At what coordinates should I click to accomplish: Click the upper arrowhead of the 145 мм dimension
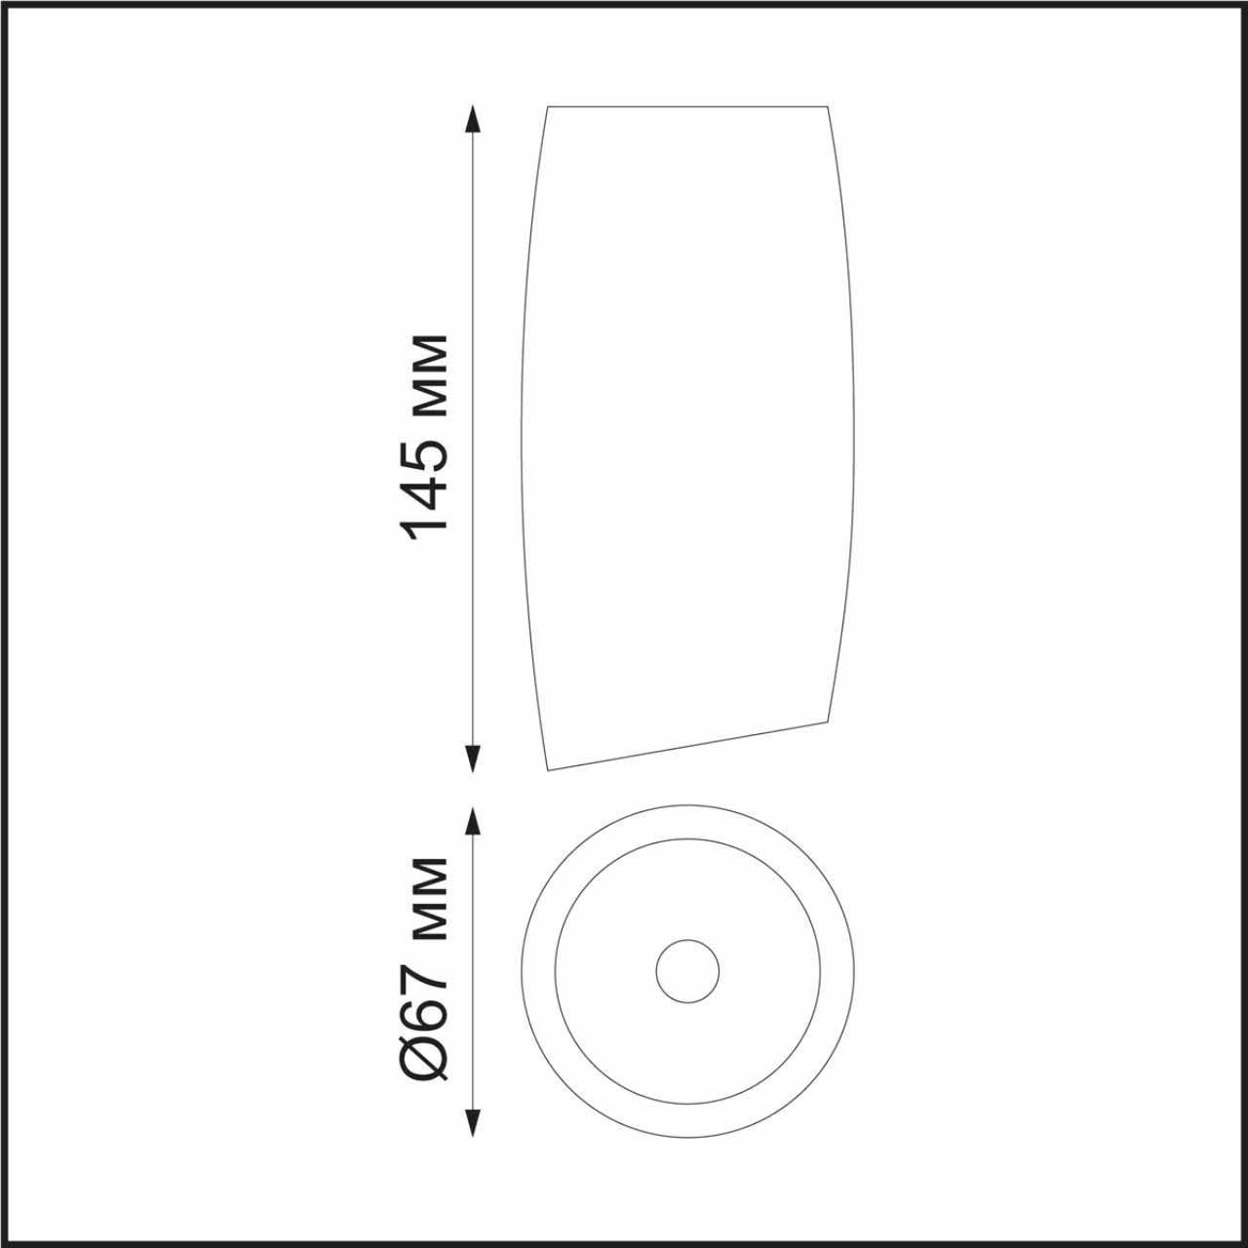[474, 119]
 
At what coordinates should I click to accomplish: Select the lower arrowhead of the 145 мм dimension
[474, 759]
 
